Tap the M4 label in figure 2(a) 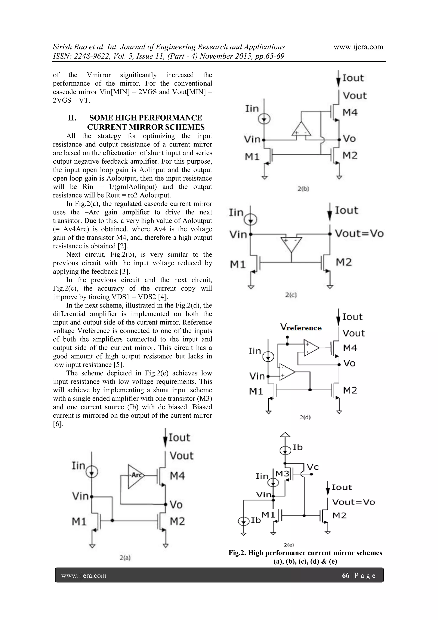click(x=177, y=476)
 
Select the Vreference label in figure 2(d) click(x=301, y=327)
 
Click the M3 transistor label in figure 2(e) click(x=282, y=473)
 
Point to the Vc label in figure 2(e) click(x=313, y=467)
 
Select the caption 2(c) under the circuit click(x=291, y=295)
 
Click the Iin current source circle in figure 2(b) click(x=264, y=119)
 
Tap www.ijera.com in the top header click(x=358, y=47)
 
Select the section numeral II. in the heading click(x=72, y=118)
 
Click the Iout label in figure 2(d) click(x=352, y=317)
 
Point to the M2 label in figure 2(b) click(x=350, y=155)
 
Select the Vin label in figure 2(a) click(x=80, y=496)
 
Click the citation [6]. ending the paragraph click(x=58, y=424)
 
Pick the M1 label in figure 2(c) click(x=238, y=265)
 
